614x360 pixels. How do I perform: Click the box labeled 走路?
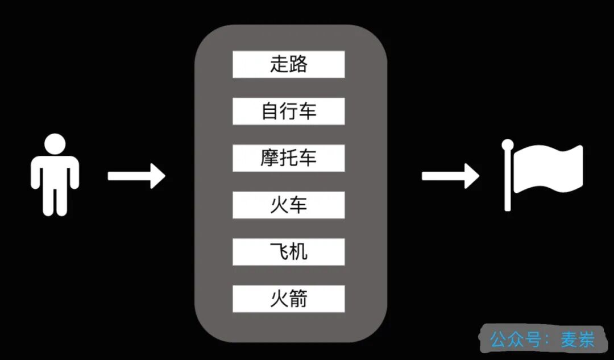[x=288, y=64]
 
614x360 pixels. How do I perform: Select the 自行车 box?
[x=288, y=111]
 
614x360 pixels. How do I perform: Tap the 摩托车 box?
[x=288, y=158]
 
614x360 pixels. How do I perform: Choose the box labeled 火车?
[x=288, y=205]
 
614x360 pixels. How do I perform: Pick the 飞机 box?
[x=288, y=251]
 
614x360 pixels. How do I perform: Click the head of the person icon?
[x=55, y=143]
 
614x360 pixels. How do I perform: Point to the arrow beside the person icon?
[x=136, y=176]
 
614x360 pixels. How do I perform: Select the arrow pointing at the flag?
[x=450, y=176]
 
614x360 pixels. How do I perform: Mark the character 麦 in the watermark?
[x=569, y=340]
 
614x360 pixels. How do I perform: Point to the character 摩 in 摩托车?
[x=269, y=158]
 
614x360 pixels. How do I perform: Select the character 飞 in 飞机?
[x=279, y=251]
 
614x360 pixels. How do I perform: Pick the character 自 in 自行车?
[x=269, y=111]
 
